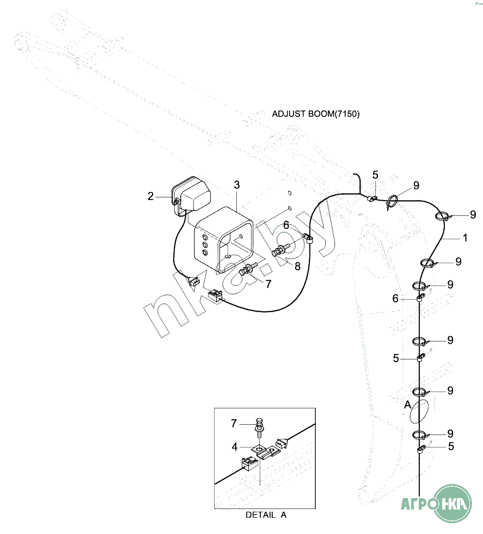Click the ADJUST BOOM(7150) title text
tap(315, 114)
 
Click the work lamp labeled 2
tap(191, 195)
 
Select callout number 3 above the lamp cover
tap(237, 185)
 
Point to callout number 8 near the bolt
tap(297, 266)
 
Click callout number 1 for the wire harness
tap(465, 238)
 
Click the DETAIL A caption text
tap(266, 515)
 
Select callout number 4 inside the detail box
tap(234, 447)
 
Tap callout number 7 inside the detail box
tap(234, 423)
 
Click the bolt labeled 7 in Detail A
tap(259, 428)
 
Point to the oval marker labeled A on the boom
tap(419, 411)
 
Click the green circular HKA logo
tap(454, 504)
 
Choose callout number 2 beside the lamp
tap(150, 196)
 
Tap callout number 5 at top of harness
tap(375, 175)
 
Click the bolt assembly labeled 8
tap(281, 250)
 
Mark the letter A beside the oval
tap(407, 405)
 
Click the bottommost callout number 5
tap(451, 446)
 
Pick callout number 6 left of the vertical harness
tap(395, 299)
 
